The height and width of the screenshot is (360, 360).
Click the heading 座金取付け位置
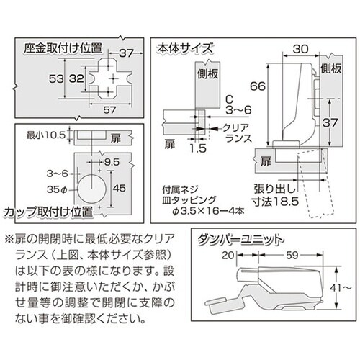(63, 48)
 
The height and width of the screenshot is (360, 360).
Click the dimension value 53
(56, 78)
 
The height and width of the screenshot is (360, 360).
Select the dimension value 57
(109, 110)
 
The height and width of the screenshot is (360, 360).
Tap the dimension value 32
(76, 78)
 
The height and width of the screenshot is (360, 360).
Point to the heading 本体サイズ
(185, 49)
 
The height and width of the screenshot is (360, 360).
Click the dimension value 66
(258, 86)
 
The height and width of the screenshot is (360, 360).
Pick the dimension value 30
(301, 49)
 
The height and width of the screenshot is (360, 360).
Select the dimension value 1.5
(198, 148)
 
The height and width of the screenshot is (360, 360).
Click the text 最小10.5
(46, 135)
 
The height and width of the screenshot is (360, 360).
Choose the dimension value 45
(120, 188)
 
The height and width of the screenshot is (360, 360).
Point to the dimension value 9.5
(112, 162)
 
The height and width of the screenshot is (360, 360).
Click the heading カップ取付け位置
(48, 212)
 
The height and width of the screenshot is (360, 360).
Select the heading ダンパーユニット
(240, 240)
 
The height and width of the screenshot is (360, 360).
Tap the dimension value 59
(292, 256)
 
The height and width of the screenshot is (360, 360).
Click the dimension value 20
(228, 256)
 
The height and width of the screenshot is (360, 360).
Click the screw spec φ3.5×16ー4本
(209, 211)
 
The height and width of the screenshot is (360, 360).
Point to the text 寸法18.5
(275, 202)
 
